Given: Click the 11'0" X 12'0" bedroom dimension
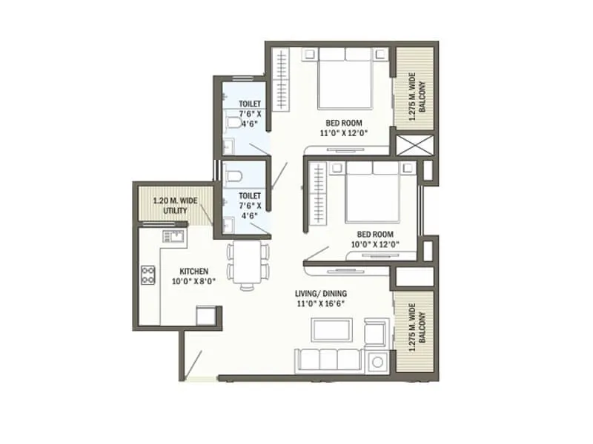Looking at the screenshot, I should click(343, 133).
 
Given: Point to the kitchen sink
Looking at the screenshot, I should click(175, 237).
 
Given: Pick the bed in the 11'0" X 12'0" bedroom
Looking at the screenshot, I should click(345, 81).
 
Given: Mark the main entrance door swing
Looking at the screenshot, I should click(197, 364).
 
